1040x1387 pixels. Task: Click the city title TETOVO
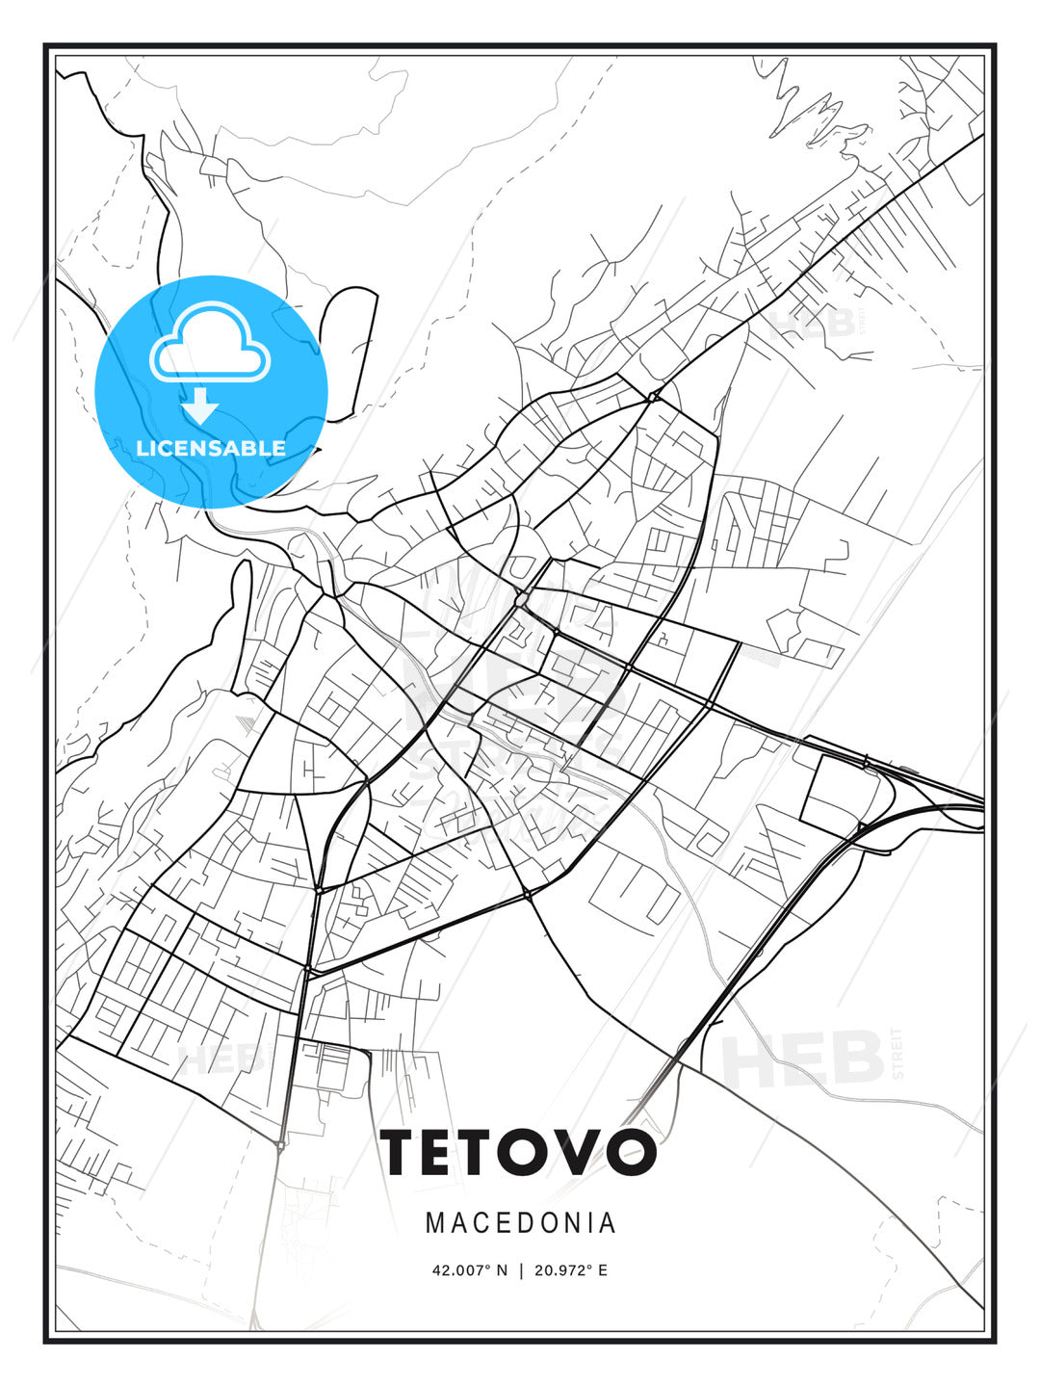coord(519,1152)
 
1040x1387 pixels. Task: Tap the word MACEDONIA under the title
coord(520,1223)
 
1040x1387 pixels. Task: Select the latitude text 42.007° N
coord(469,1270)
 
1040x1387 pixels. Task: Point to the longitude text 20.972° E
coord(571,1270)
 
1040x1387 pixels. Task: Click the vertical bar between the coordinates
coord(521,1270)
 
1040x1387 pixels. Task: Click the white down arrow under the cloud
coord(201,406)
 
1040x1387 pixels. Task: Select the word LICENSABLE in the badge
coord(211,448)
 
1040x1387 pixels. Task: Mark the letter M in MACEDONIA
coord(435,1223)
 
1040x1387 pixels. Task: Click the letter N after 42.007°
coord(502,1270)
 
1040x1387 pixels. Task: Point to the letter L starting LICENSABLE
coord(143,448)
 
